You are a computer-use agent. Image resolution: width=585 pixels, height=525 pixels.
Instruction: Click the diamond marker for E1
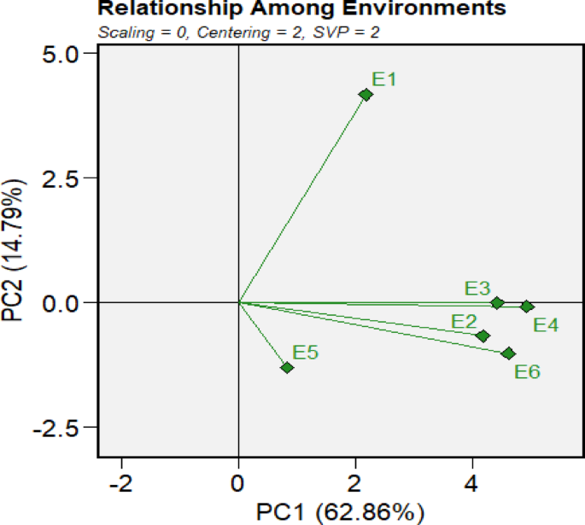(x=366, y=95)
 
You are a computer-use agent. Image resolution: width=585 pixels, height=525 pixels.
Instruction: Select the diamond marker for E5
(x=287, y=367)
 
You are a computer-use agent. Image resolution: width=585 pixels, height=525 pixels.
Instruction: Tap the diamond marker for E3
(x=497, y=302)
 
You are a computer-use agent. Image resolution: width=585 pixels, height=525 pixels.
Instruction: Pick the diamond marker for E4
(x=527, y=306)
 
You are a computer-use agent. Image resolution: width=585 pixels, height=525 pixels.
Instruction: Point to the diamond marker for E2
(x=483, y=335)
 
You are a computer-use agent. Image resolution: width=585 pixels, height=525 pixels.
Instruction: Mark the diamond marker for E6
(x=508, y=353)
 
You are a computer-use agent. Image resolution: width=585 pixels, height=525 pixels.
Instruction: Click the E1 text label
(x=384, y=79)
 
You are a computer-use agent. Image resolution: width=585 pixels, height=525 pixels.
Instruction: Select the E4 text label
(x=546, y=325)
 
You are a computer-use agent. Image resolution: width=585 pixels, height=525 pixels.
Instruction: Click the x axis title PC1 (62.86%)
(x=341, y=511)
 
